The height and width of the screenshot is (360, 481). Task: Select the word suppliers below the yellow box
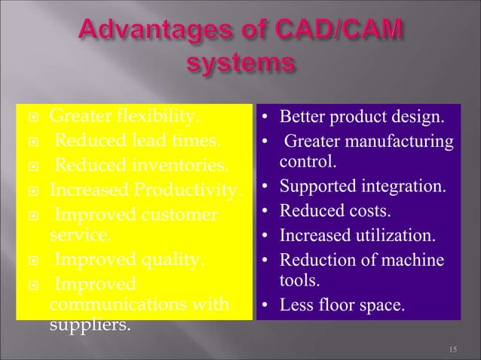[88, 328]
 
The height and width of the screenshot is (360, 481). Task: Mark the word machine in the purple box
[417, 259]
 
